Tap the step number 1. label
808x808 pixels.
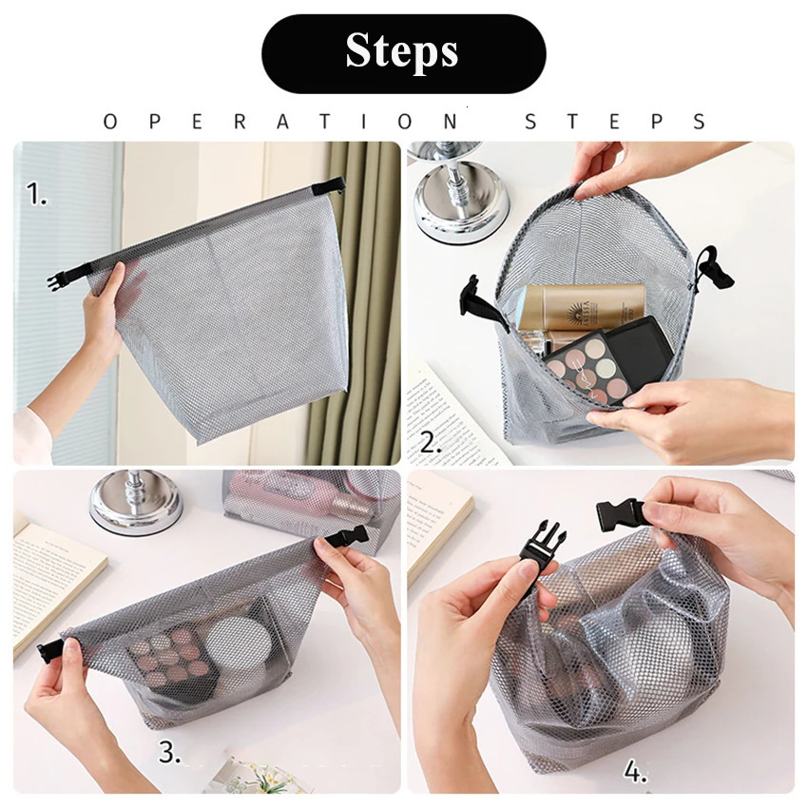[37, 196]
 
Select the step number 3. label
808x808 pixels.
[169, 755]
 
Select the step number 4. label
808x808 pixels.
[636, 772]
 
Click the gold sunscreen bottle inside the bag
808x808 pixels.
[582, 310]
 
